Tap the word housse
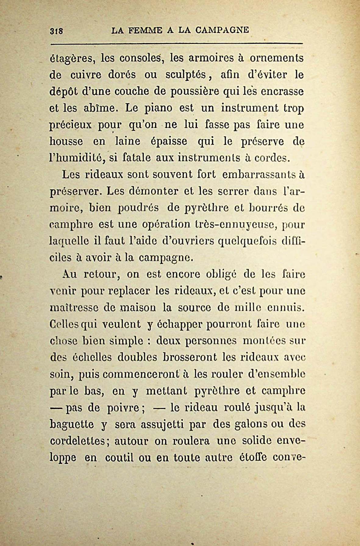[66, 142]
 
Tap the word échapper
[179, 324]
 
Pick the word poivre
[123, 408]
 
